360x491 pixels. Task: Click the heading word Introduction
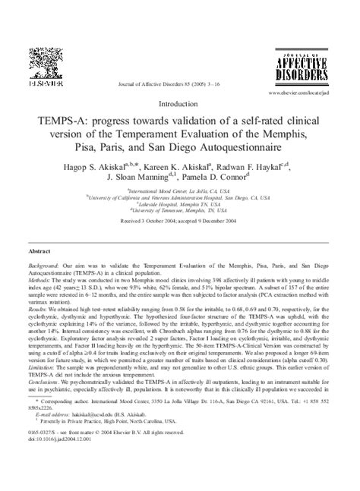[180, 103]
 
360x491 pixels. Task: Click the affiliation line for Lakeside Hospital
[180, 204]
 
